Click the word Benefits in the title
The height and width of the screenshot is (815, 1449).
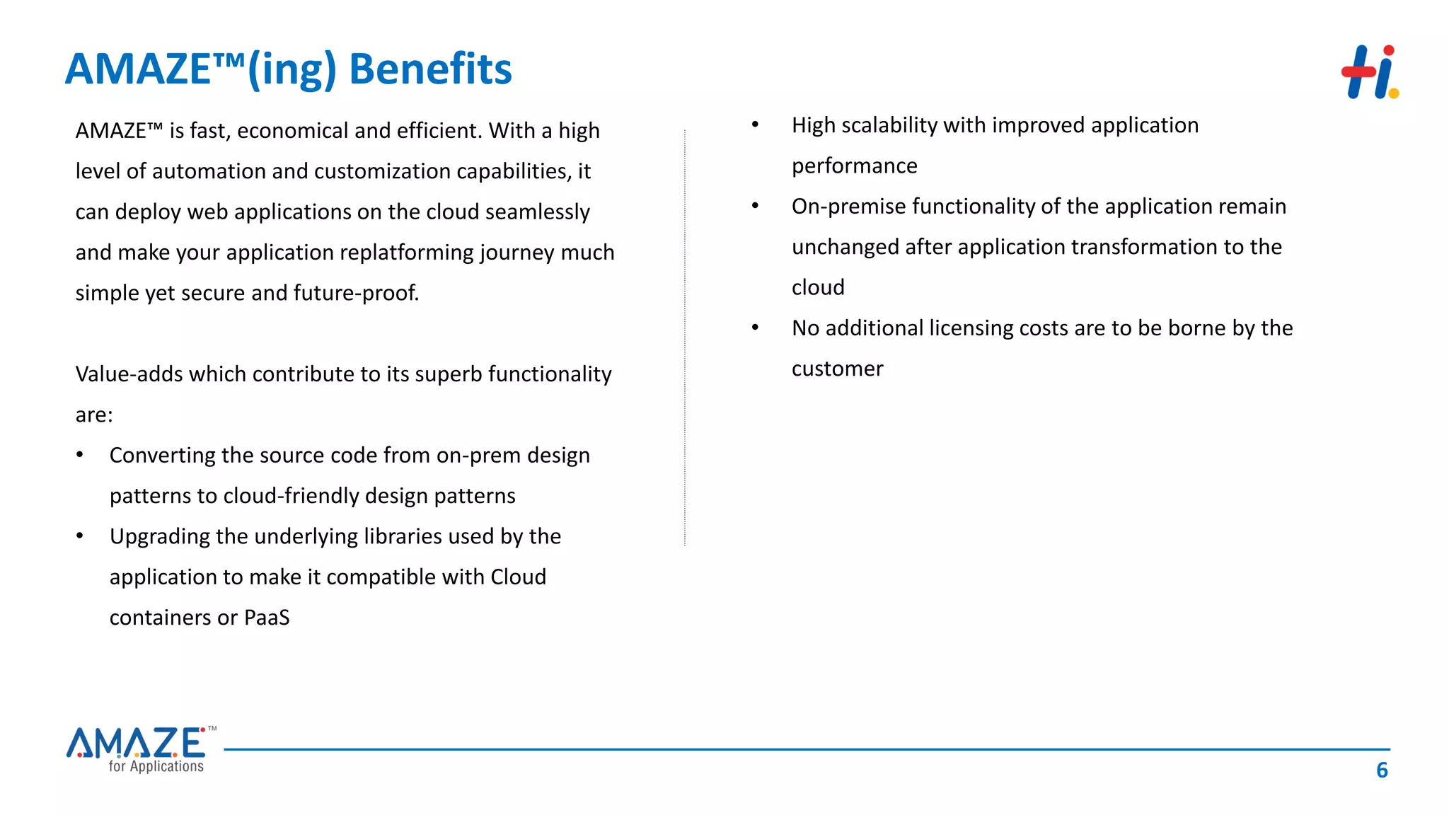tap(430, 69)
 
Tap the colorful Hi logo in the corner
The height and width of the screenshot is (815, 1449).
tap(1370, 72)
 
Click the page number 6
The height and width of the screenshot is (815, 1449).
tap(1382, 770)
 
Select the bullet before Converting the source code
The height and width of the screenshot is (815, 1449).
tap(80, 455)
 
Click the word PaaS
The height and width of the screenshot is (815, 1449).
tap(267, 618)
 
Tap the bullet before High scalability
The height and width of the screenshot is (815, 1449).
tap(755, 125)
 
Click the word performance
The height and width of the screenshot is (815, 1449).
tap(854, 166)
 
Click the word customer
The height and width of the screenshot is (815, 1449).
tap(837, 369)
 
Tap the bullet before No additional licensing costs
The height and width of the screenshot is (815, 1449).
tap(755, 328)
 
